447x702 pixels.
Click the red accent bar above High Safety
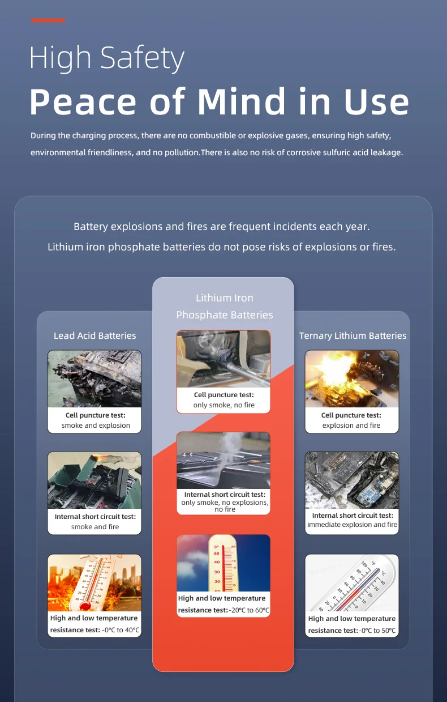pyautogui.click(x=48, y=20)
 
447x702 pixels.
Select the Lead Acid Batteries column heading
pyautogui.click(x=94, y=335)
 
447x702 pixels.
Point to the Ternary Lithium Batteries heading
pyautogui.click(x=353, y=335)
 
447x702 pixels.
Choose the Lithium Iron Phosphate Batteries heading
pyautogui.click(x=224, y=306)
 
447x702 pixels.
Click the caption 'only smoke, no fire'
pyautogui.click(x=224, y=405)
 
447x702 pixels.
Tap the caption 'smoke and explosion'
pyautogui.click(x=96, y=426)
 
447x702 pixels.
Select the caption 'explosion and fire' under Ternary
pyautogui.click(x=351, y=426)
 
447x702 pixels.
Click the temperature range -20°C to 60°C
pyautogui.click(x=250, y=610)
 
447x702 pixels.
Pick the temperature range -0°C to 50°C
pyautogui.click(x=377, y=631)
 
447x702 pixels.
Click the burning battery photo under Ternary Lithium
pyautogui.click(x=352, y=378)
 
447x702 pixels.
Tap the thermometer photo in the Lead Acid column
pyautogui.click(x=94, y=582)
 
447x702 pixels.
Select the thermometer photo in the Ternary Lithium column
pyautogui.click(x=352, y=582)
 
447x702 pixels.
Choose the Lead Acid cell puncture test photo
pyautogui.click(x=94, y=378)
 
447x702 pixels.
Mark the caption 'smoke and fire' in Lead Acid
pyautogui.click(x=95, y=527)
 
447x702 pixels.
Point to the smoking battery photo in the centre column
pyautogui.click(x=223, y=461)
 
